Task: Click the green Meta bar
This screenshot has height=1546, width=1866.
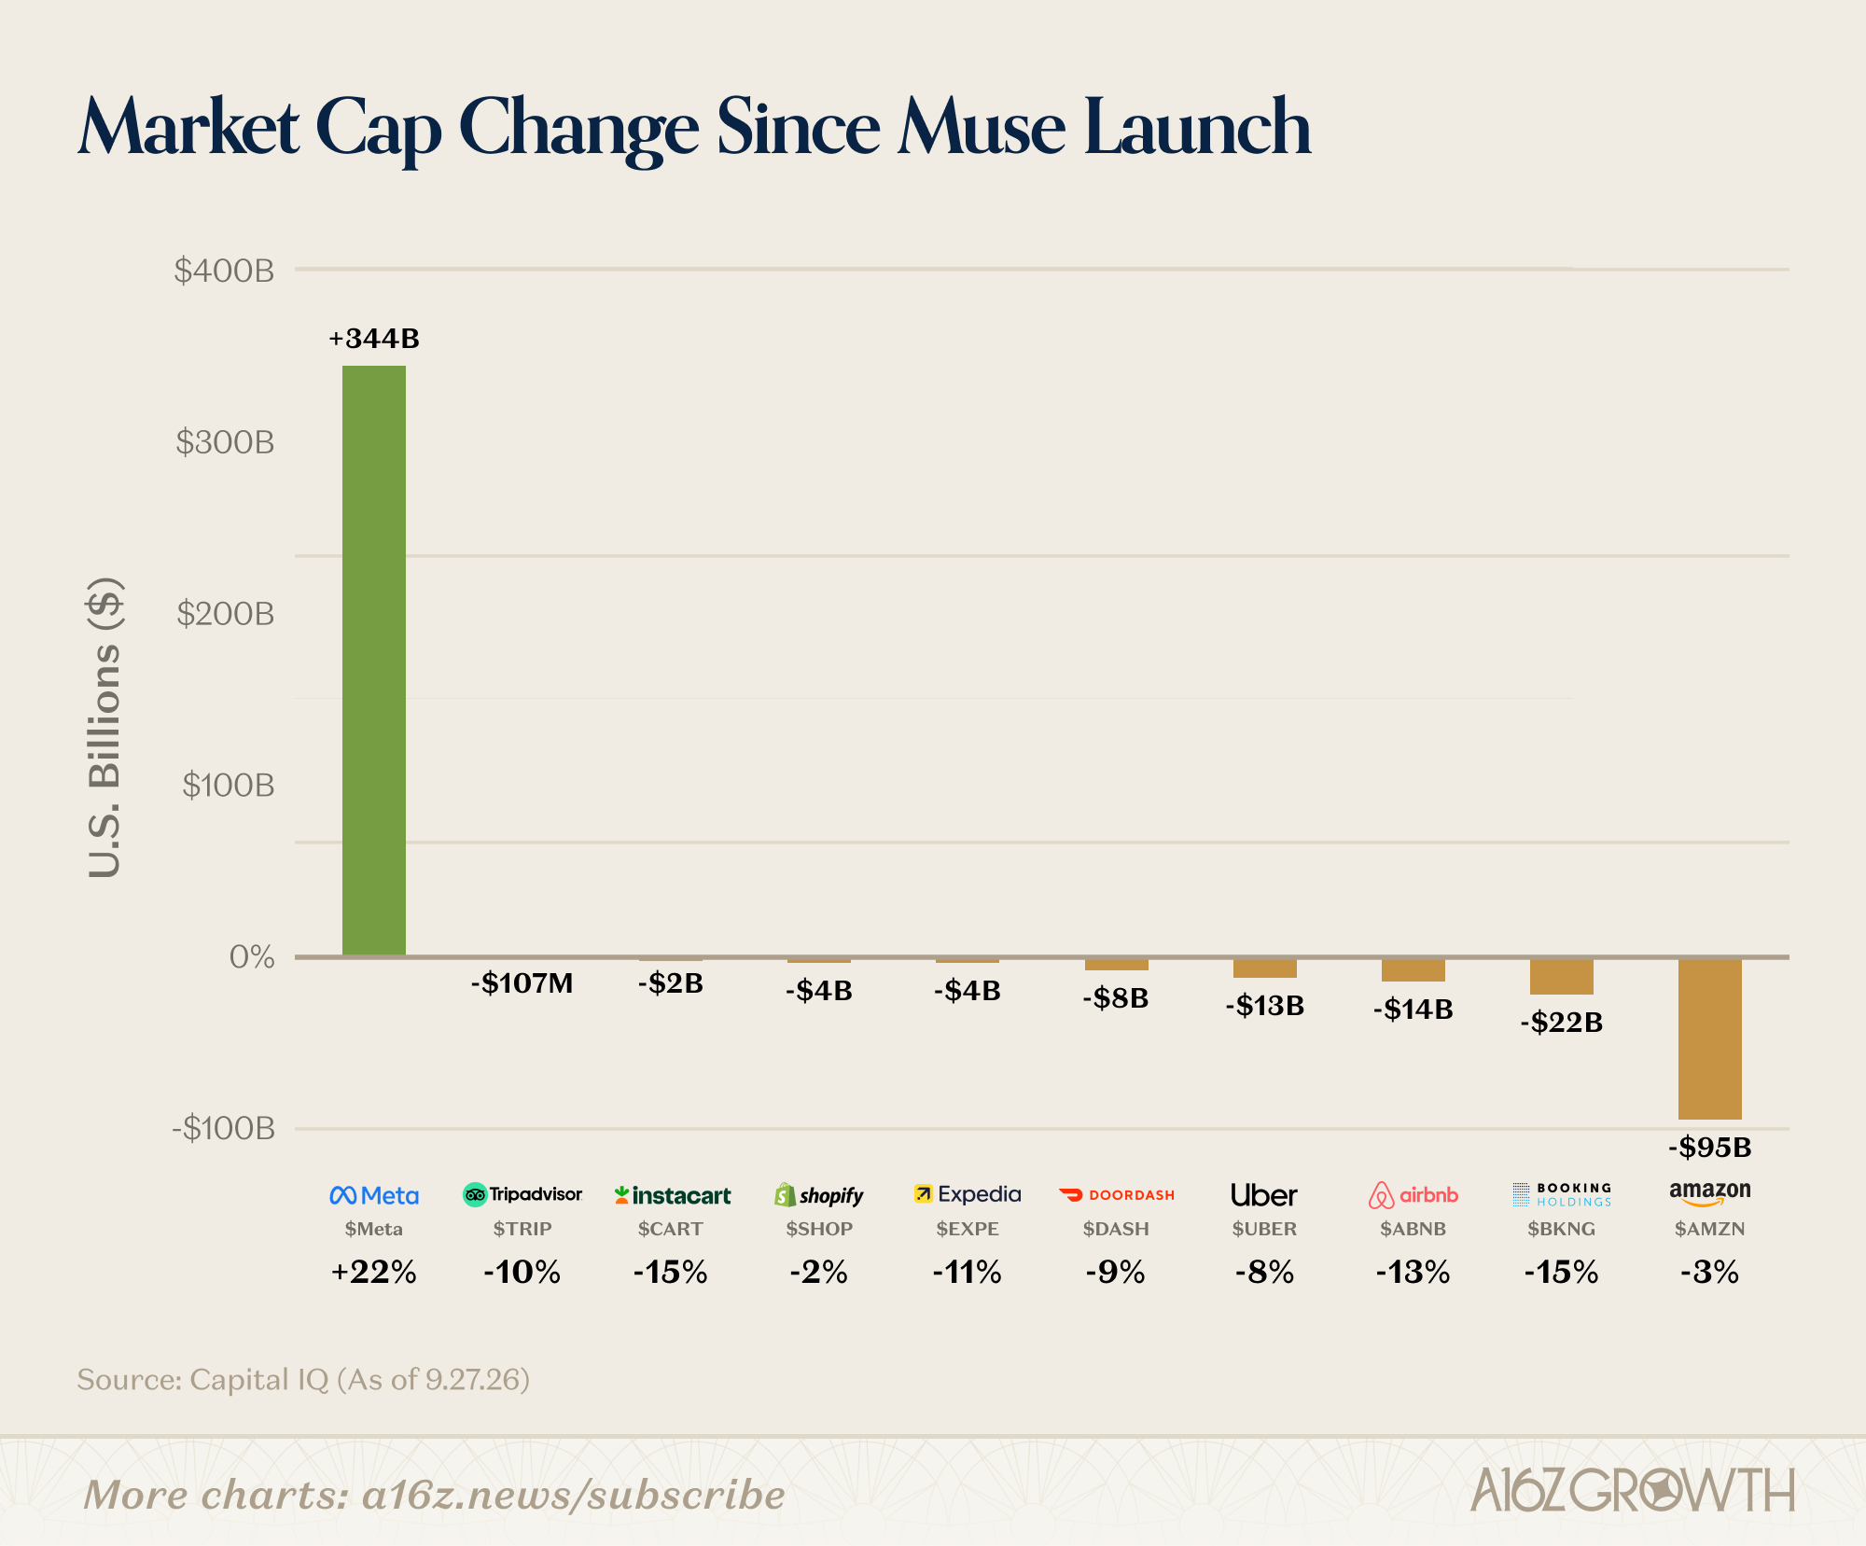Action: [x=374, y=661]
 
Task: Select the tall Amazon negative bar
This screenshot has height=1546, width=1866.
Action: [x=1710, y=1038]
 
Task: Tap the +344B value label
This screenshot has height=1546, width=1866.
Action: [x=374, y=339]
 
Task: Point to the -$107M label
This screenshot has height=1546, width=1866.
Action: [x=522, y=983]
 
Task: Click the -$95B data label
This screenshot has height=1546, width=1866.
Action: [x=1710, y=1148]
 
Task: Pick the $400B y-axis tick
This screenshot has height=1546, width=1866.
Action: [x=224, y=271]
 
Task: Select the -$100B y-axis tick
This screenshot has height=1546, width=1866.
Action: [x=224, y=1129]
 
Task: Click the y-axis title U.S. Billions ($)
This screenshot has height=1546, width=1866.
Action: [x=104, y=728]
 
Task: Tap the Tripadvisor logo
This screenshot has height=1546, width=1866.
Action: [x=522, y=1194]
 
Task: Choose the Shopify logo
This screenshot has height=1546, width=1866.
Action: [x=819, y=1195]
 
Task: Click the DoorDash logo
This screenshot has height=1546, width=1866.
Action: [x=1117, y=1195]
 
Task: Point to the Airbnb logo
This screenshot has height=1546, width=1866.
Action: [x=1413, y=1195]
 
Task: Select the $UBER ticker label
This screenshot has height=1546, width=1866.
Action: [x=1264, y=1229]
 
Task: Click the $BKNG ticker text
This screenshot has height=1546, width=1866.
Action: [x=1562, y=1229]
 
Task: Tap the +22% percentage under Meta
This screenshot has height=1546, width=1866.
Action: [x=374, y=1272]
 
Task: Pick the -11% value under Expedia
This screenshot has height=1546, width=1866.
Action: [x=968, y=1272]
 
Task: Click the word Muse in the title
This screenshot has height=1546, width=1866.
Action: [x=982, y=128]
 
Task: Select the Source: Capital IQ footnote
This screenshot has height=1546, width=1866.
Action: [x=303, y=1380]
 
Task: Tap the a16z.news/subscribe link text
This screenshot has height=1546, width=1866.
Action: [x=574, y=1495]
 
